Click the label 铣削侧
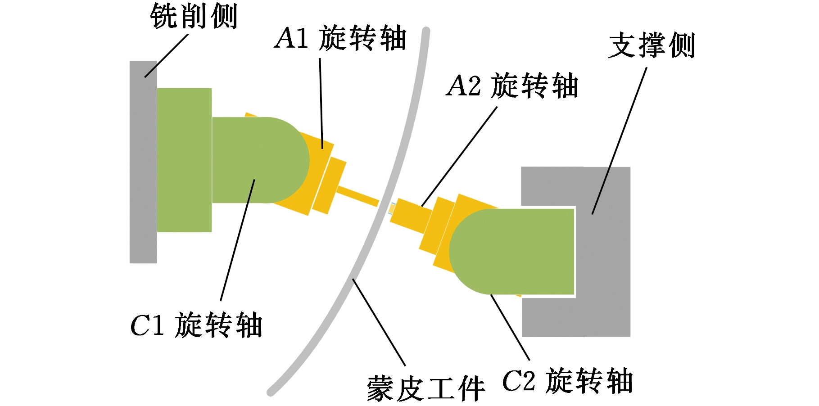194,16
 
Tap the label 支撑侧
652,45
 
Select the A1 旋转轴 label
341,38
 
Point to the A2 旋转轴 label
512,86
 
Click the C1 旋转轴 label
196,325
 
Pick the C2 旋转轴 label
568,381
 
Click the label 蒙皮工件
426,388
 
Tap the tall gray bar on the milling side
143,162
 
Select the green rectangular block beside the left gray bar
184,160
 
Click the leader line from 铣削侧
166,56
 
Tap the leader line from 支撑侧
620,141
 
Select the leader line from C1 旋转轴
238,240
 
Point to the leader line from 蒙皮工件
379,322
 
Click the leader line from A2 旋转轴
459,157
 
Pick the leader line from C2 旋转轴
510,327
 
